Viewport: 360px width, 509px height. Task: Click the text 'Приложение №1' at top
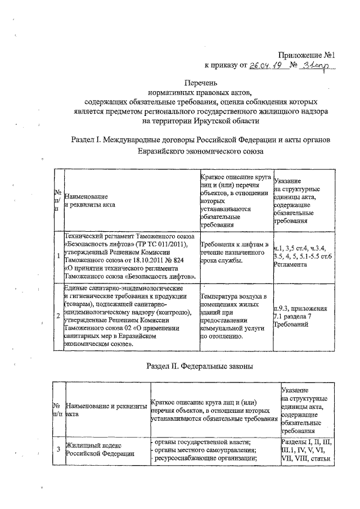pos(307,55)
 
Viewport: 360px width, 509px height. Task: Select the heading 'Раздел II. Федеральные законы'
pos(200,366)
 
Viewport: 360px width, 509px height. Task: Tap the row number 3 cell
pos(58,448)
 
